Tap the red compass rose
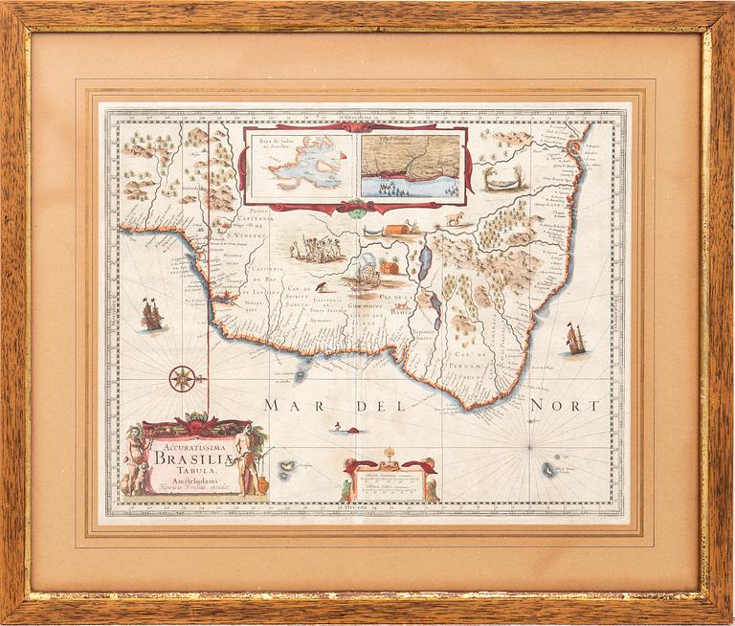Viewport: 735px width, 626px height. (184, 378)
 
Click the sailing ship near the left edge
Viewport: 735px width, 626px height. (151, 315)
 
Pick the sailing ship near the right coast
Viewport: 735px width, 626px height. (574, 338)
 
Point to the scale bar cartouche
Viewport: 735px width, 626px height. (390, 475)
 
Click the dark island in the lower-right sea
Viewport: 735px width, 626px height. (548, 469)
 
